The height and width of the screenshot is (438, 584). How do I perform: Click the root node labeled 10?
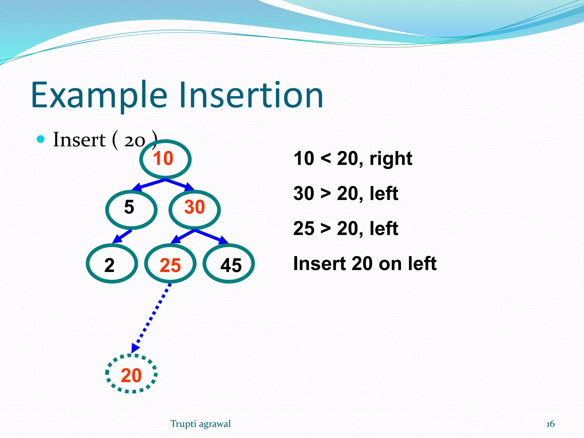[165, 159]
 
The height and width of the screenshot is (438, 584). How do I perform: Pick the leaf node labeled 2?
[112, 263]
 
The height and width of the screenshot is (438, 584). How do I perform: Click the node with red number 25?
[170, 263]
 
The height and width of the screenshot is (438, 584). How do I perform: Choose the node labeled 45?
[228, 263]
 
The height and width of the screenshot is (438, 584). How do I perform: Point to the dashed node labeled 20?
[131, 374]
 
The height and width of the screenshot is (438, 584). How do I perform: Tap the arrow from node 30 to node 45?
[212, 236]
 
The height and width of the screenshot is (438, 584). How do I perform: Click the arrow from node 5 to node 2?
[122, 236]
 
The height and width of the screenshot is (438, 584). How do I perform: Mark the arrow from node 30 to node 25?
[182, 236]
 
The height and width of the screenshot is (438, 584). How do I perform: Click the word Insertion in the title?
[251, 95]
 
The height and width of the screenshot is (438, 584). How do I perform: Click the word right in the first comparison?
[391, 159]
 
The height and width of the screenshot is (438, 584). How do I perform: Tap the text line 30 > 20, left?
[346, 194]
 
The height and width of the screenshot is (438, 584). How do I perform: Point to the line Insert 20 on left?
[365, 263]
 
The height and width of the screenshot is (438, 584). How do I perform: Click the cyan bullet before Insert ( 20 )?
[41, 139]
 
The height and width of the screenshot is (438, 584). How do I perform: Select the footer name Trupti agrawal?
[200, 424]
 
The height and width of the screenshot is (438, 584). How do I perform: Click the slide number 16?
[550, 424]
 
